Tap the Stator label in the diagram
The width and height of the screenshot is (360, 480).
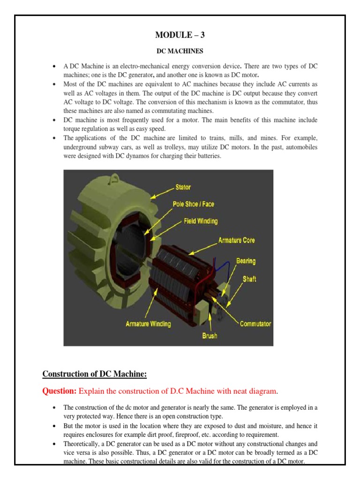(183, 187)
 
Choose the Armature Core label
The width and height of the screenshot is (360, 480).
(237, 240)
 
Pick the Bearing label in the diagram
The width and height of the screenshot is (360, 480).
(246, 261)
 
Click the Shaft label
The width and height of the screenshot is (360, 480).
(249, 279)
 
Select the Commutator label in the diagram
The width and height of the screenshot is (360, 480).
(255, 323)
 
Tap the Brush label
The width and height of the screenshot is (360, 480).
(210, 336)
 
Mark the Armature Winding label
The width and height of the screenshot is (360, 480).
(148, 323)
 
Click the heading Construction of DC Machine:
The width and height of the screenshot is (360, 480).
(95, 374)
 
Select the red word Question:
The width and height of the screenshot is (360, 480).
(60, 391)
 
